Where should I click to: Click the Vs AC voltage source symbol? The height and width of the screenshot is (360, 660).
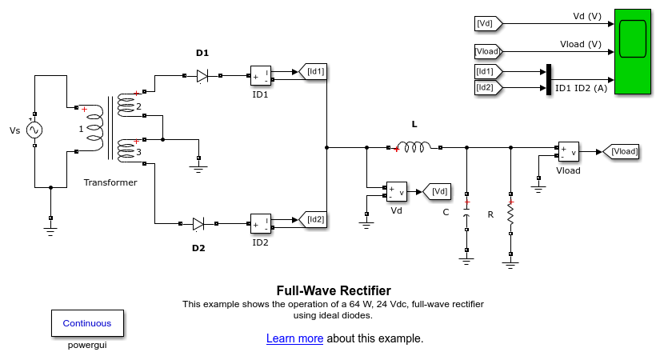pos(34,130)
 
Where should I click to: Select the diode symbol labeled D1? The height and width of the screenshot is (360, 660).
pos(202,76)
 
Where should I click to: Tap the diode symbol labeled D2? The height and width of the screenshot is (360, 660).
pos(198,224)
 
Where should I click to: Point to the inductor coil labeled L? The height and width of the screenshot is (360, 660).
pos(414,147)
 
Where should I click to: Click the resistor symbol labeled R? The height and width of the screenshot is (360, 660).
pos(510,215)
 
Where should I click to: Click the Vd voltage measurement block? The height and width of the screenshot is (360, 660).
pos(397,191)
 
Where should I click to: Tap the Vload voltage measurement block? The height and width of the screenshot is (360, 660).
pos(568,153)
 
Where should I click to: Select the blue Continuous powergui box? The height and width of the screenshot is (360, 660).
pos(87,323)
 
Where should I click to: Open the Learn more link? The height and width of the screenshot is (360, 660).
pos(294,338)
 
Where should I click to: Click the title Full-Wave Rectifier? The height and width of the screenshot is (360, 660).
pos(334,290)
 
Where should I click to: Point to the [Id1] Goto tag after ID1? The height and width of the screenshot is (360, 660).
pos(313,72)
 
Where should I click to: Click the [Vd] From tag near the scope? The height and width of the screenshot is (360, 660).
pos(488,24)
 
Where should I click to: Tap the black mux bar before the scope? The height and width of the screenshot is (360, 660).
pos(549,79)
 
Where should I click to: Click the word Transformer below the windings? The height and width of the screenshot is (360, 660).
pos(110,182)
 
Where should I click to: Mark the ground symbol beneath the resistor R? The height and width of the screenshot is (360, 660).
pos(510,259)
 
